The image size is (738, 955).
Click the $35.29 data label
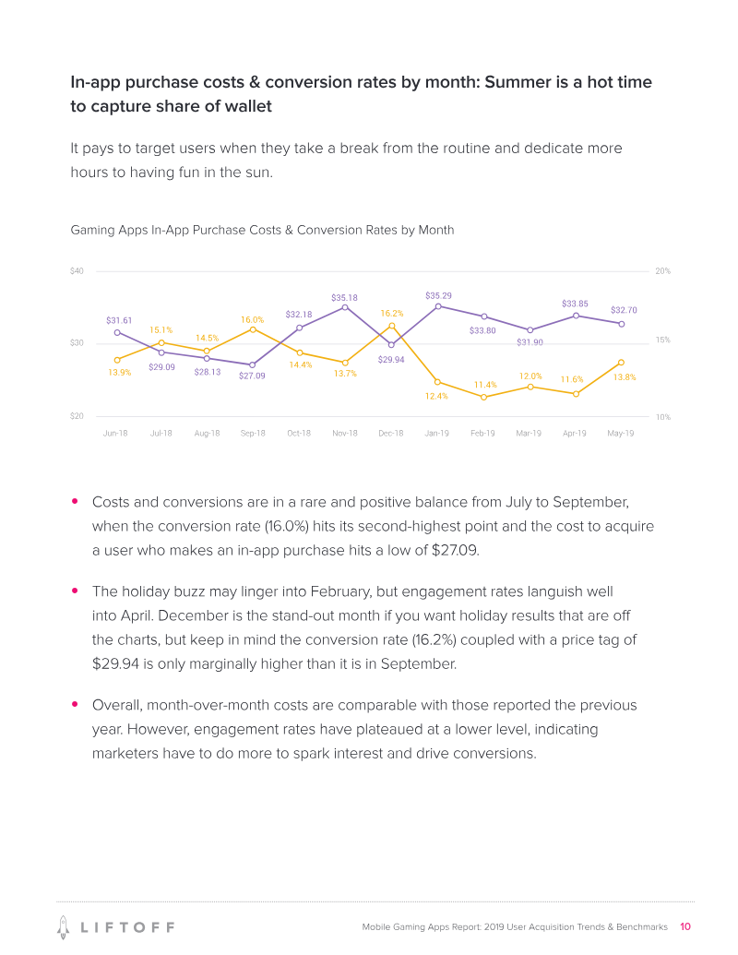[x=438, y=295]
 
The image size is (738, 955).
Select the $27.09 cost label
[x=252, y=376]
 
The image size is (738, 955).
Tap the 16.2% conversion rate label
[x=392, y=314]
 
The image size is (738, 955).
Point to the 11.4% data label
[x=485, y=385]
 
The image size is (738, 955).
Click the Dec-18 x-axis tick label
[x=391, y=433]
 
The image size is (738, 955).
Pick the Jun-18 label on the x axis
[x=115, y=433]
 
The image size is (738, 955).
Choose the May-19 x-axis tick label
[x=621, y=433]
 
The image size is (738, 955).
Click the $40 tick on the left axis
[x=77, y=271]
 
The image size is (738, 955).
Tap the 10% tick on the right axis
[x=662, y=417]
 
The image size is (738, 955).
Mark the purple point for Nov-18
[x=345, y=307]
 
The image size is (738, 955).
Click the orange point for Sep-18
[x=253, y=329]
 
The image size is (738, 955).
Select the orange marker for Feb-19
[x=483, y=397]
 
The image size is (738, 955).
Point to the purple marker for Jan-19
[x=438, y=306]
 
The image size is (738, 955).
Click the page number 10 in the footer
[x=685, y=926]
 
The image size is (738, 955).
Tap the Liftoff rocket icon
[x=64, y=925]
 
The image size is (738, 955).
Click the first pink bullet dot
[x=75, y=502]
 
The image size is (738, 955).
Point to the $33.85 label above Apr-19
[x=575, y=303]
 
